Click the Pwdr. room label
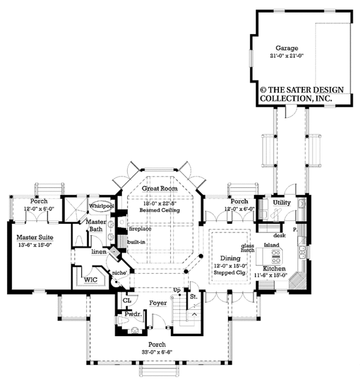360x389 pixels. pos(133,313)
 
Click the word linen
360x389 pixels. pos(98,252)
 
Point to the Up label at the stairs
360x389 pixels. pos(176,290)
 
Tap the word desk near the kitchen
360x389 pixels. pos(278,236)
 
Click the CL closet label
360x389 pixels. pos(127,300)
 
